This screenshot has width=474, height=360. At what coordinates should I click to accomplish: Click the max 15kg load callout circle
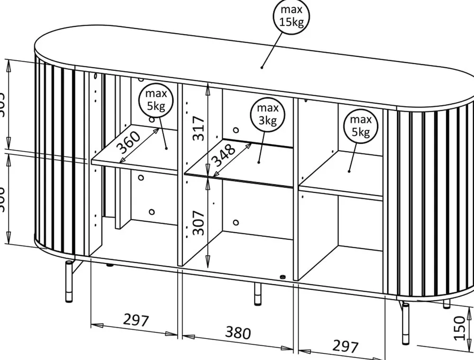[x=291, y=16]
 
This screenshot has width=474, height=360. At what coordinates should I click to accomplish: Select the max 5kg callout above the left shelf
[x=156, y=100]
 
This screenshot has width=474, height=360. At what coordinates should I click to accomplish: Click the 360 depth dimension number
[x=128, y=143]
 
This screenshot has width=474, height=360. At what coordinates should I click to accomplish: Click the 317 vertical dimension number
[x=199, y=127]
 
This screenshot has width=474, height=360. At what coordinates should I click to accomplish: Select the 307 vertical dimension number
[x=199, y=223]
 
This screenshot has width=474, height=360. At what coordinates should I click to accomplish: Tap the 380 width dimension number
[x=237, y=333]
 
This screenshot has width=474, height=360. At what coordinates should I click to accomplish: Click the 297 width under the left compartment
[x=136, y=320]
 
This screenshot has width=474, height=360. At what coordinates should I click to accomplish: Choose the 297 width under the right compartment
[x=345, y=346]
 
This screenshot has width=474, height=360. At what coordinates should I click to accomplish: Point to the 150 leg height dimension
[x=459, y=328]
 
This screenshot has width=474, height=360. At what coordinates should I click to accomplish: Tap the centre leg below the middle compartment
[x=258, y=294]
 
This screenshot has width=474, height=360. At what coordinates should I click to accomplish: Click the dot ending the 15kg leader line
[x=262, y=67]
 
